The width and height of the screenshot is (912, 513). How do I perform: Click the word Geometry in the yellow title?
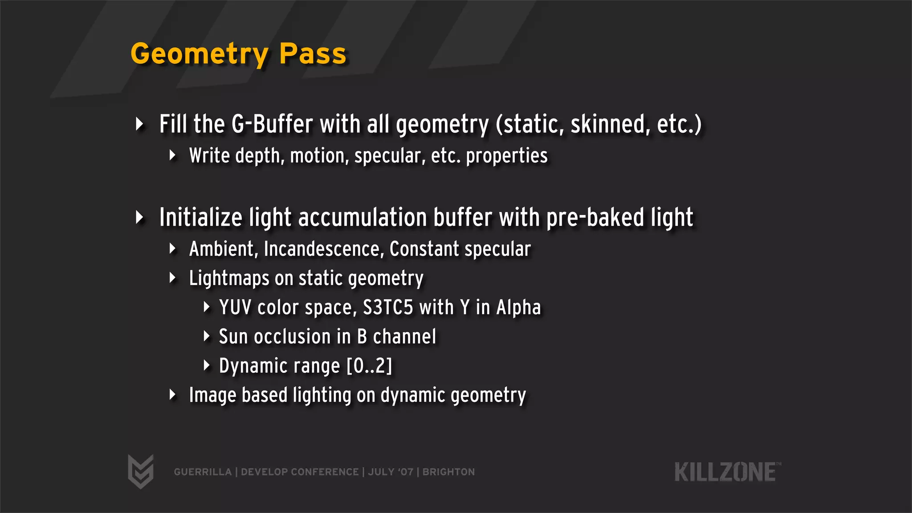(x=199, y=54)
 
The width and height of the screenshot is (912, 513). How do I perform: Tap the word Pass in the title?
(x=313, y=54)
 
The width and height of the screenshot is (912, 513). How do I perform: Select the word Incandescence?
(x=324, y=249)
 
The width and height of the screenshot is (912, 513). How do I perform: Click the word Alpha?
(x=518, y=308)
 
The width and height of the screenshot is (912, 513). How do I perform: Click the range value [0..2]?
(x=370, y=366)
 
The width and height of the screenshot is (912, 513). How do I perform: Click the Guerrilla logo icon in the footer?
(x=141, y=472)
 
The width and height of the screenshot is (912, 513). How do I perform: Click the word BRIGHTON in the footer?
(x=448, y=472)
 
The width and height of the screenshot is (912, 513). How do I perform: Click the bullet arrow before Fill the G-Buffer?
(x=139, y=124)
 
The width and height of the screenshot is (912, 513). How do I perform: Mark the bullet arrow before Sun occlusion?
(x=206, y=336)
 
